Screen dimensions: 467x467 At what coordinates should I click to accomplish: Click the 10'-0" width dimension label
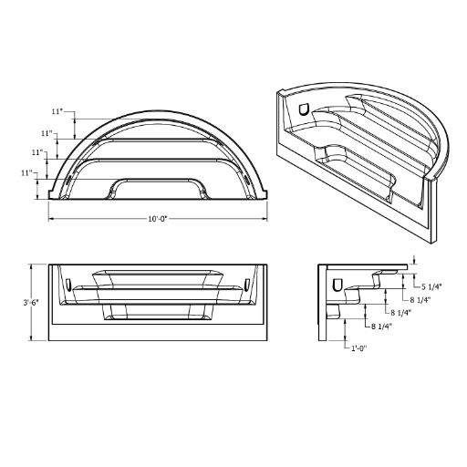158,219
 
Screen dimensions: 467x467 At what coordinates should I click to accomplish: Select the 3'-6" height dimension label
31,303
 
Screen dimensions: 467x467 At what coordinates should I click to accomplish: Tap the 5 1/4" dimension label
431,286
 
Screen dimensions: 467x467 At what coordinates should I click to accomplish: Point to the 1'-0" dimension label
359,348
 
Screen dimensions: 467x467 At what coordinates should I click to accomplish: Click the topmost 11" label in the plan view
57,111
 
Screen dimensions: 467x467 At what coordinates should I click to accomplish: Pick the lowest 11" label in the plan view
26,173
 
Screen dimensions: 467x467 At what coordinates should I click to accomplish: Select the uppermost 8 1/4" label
420,299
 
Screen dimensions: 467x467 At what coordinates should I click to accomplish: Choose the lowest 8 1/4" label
381,327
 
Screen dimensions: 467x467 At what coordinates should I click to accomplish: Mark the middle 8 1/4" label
400,312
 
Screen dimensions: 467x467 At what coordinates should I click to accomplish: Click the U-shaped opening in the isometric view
303,109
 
